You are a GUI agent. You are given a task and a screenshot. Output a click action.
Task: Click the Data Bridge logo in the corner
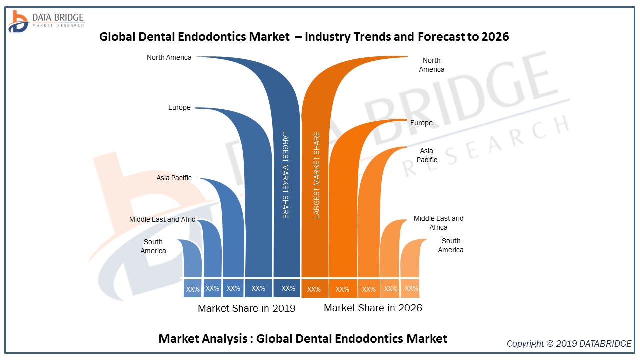(46, 21)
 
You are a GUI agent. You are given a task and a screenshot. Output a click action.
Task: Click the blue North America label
(169, 57)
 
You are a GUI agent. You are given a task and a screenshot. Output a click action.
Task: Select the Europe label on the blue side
(179, 107)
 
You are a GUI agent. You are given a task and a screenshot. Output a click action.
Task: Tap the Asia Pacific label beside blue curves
(174, 178)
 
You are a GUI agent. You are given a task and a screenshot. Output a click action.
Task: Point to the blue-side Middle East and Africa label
(163, 219)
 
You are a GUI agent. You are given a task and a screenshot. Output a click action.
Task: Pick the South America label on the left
(153, 246)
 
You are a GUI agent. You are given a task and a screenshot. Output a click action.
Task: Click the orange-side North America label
(431, 65)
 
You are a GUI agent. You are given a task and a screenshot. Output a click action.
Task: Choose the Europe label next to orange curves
(421, 123)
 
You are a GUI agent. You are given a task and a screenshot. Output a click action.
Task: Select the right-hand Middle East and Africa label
(438, 223)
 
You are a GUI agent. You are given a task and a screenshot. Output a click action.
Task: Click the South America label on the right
(451, 245)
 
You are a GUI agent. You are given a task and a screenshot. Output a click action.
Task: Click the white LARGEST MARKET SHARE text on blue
(285, 174)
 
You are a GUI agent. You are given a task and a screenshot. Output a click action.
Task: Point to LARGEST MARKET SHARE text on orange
(316, 175)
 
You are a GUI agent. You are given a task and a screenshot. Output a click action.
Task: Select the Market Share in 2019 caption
(246, 308)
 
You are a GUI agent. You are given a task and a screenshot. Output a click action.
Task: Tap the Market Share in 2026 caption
(373, 308)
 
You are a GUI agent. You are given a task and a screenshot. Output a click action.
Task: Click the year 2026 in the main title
(495, 36)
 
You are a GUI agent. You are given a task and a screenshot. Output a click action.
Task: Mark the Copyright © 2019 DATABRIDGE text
(569, 343)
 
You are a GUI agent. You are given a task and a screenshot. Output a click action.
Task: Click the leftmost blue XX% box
(193, 289)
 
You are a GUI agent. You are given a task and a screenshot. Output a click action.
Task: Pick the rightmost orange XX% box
(411, 288)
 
